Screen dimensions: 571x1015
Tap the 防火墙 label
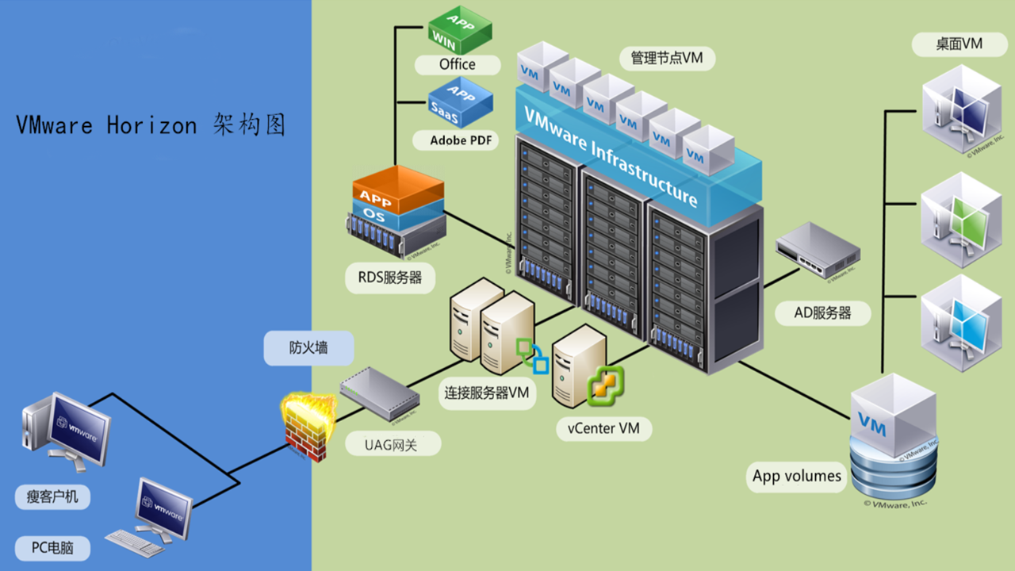coord(308,348)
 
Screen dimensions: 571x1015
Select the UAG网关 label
coord(392,445)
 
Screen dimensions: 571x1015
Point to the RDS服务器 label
coord(385,278)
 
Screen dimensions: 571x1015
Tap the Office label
coord(458,64)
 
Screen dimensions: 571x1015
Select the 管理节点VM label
coord(667,58)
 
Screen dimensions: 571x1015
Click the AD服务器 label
coord(823,312)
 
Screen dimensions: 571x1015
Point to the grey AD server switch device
coord(818,250)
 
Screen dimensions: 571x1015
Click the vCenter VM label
coord(603,429)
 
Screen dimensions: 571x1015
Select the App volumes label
coord(796,476)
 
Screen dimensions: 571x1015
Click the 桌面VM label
coord(959,44)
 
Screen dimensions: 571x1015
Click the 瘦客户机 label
coord(53,497)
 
